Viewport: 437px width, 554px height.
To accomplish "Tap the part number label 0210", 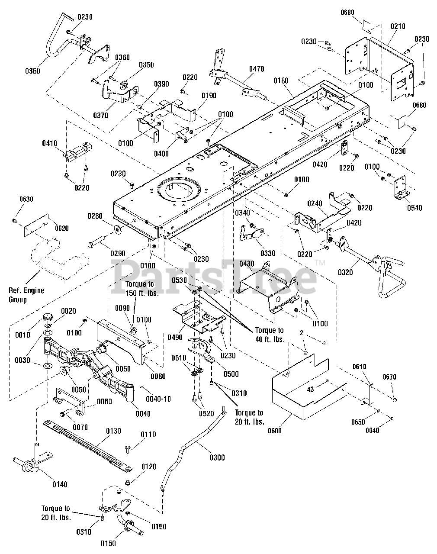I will click(397, 26).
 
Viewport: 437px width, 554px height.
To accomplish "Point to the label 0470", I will click(257, 69).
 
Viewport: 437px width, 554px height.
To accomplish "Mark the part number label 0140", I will click(59, 484).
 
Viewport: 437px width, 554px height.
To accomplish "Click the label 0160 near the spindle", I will click(108, 544).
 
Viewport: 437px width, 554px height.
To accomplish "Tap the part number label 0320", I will click(345, 272).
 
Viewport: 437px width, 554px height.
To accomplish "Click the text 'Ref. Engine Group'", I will click(26, 295).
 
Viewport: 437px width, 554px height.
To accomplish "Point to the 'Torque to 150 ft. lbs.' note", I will click(139, 288).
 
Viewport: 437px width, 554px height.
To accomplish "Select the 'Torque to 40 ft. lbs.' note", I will click(269, 335).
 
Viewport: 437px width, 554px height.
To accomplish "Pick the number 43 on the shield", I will click(310, 390).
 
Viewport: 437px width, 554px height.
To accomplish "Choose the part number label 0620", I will click(61, 228).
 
